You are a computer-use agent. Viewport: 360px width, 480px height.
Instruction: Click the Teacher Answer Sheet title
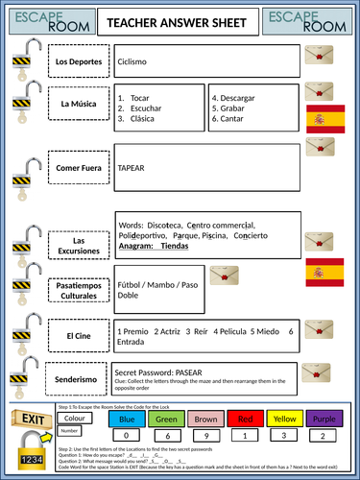[180, 21]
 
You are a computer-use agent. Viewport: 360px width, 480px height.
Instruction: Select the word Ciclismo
[133, 60]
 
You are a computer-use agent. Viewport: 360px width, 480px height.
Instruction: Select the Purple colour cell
[324, 420]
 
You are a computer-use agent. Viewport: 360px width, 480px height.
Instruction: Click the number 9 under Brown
[205, 435]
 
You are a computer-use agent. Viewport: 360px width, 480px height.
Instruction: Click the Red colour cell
[245, 420]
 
